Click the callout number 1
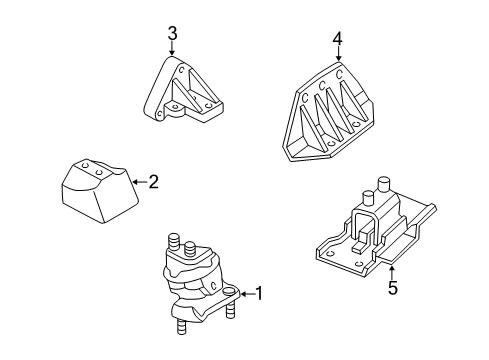258,294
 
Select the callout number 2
153,182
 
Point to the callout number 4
337,39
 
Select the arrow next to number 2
139,182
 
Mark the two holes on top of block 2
92,168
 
